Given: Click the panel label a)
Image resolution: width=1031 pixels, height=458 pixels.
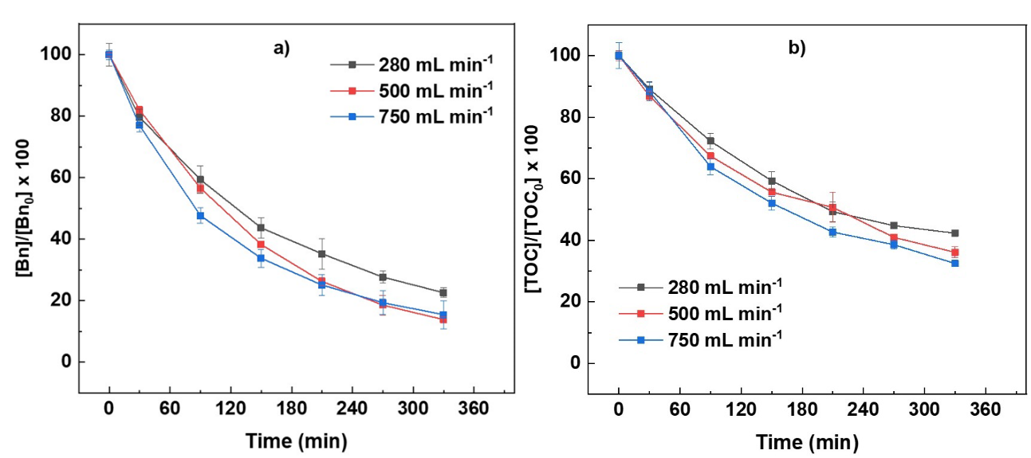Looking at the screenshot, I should tap(281, 49).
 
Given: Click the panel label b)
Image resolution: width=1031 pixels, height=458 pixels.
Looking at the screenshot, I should tap(797, 48).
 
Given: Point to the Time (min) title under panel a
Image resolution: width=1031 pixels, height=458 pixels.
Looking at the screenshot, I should tap(296, 439).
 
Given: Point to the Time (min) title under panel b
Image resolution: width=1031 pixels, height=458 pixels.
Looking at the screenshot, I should tap(807, 440).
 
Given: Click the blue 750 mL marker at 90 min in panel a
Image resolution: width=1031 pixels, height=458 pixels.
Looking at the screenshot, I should tap(200, 216).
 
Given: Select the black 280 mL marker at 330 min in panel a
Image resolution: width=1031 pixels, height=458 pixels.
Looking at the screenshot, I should tap(443, 292).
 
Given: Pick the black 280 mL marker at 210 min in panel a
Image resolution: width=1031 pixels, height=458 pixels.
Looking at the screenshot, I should tap(321, 254).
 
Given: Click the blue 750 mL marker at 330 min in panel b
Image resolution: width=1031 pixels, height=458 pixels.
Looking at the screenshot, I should tap(954, 263).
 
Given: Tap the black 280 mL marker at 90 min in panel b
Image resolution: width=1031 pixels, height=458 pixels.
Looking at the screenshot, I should tap(710, 141).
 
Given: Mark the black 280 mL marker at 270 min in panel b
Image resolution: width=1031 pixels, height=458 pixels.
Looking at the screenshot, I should tap(894, 225).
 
